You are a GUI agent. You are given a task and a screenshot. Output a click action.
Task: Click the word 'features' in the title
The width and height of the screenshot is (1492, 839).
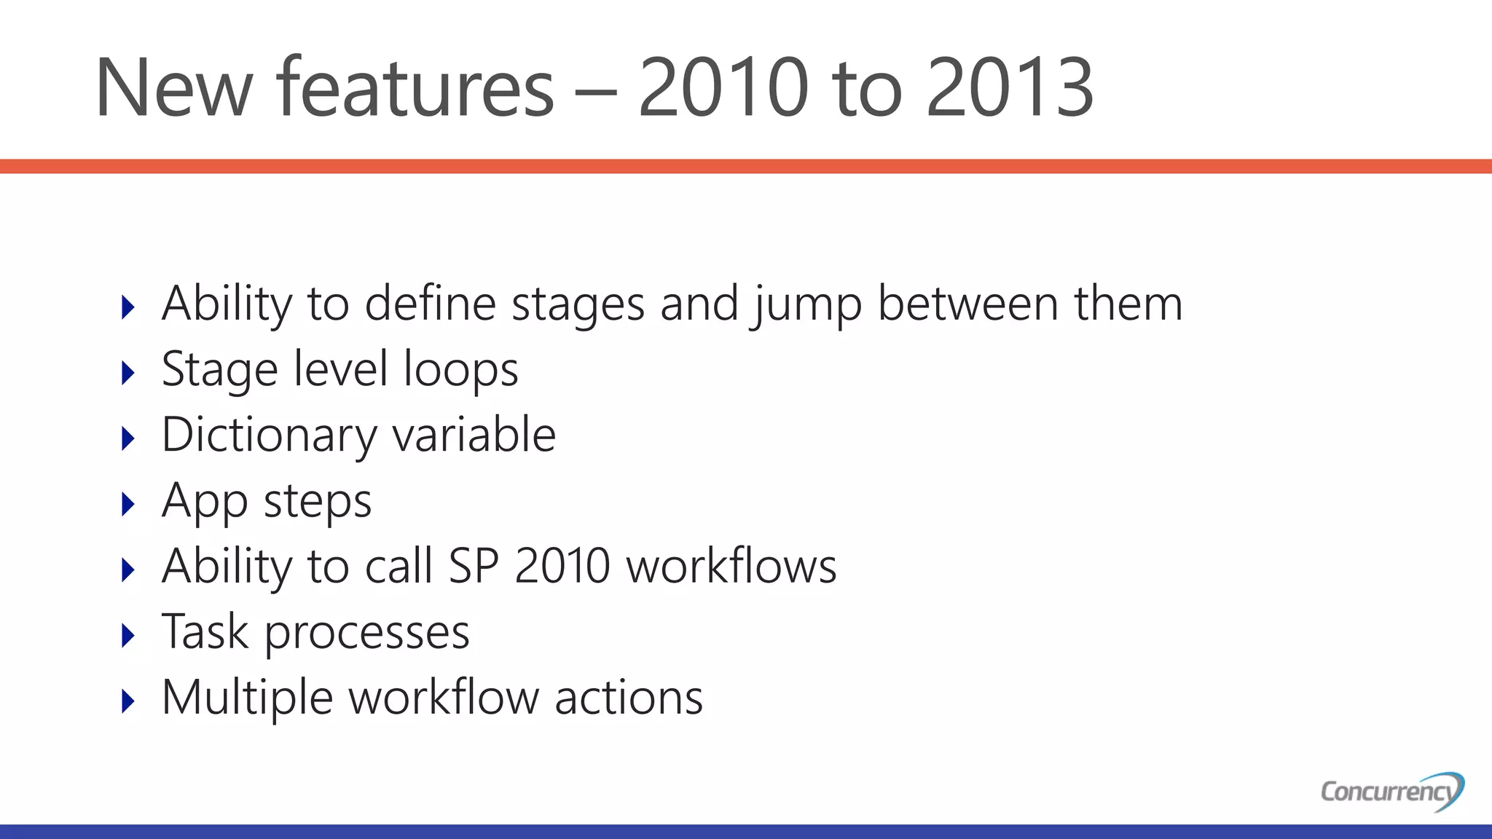click(415, 88)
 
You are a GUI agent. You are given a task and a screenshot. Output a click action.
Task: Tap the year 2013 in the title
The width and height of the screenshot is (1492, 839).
click(1010, 88)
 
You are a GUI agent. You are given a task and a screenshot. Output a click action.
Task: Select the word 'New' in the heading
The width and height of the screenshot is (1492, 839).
click(173, 88)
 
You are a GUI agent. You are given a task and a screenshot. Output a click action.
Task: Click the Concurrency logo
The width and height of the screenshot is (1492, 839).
click(1392, 791)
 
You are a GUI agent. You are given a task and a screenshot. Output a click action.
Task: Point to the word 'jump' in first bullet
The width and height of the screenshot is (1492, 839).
click(805, 304)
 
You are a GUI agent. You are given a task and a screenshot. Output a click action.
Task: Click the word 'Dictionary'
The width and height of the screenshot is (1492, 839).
click(268, 436)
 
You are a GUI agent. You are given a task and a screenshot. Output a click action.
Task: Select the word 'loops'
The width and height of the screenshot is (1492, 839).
click(460, 369)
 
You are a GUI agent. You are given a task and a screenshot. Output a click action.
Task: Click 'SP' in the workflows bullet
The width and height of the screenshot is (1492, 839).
click(474, 566)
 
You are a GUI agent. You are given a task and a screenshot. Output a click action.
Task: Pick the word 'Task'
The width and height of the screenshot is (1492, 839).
click(205, 631)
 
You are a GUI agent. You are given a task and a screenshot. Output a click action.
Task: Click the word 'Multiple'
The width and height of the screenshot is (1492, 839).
click(247, 698)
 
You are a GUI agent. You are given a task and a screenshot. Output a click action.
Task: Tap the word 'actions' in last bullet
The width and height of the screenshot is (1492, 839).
click(629, 698)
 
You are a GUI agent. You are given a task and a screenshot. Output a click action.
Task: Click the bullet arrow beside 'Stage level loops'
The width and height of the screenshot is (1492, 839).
click(128, 373)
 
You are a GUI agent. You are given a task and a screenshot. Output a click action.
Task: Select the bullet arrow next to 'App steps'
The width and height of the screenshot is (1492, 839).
click(128, 504)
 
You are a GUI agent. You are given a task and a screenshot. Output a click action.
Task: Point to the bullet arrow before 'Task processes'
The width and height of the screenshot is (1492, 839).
click(128, 636)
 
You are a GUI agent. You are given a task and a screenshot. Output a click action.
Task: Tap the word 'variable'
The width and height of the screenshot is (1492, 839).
click(474, 435)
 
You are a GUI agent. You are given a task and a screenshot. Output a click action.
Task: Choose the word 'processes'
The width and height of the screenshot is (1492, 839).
click(366, 633)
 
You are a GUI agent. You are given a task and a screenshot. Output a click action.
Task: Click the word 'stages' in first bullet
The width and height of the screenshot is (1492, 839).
click(578, 304)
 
